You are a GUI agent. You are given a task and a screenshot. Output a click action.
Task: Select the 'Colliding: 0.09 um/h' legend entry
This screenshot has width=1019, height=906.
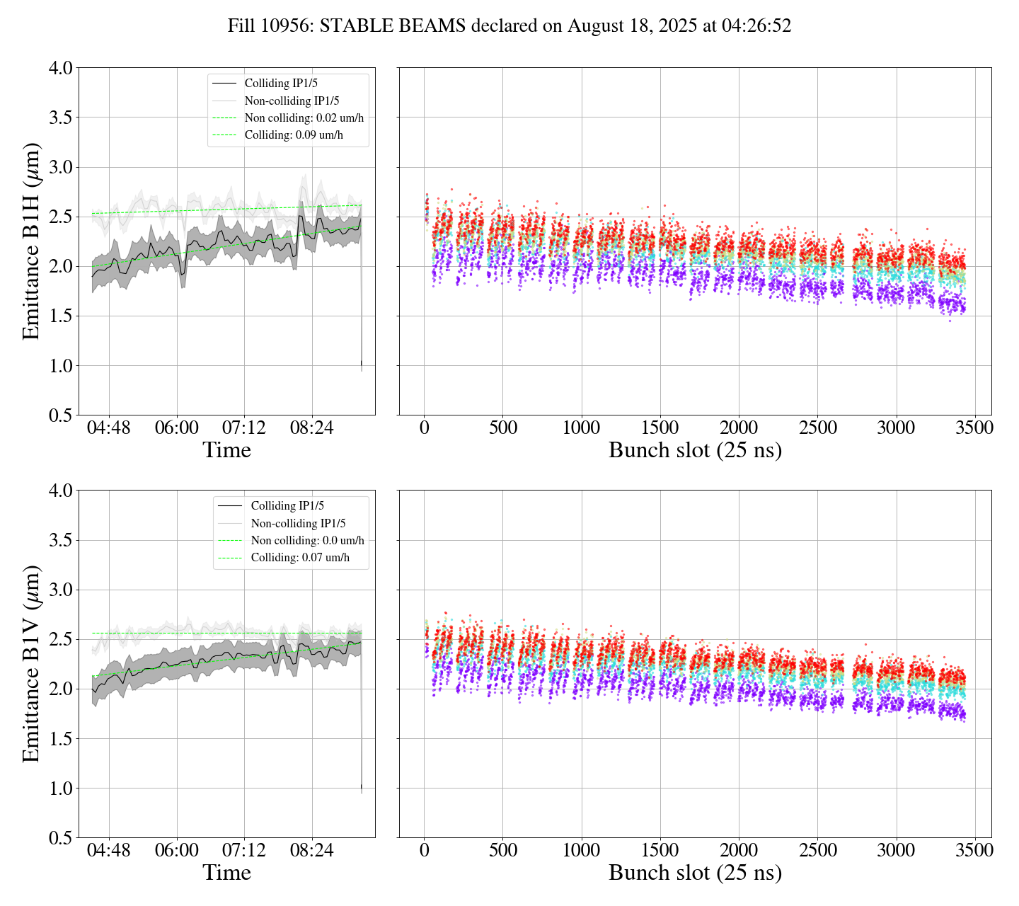[x=294, y=135]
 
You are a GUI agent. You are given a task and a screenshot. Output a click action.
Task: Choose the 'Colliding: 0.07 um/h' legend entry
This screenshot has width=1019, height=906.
[x=300, y=558]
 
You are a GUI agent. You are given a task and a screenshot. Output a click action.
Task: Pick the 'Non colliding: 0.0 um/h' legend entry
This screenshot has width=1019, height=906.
[x=307, y=541]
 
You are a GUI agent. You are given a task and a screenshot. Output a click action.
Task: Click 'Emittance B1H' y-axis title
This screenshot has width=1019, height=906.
[x=31, y=241]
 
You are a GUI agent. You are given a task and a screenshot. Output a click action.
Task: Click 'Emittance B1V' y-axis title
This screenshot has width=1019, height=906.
[x=31, y=663]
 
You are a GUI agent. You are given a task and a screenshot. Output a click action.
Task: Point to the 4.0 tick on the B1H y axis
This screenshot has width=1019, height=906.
[x=60, y=68]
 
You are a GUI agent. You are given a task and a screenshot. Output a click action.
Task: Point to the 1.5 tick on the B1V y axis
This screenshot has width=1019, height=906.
[x=60, y=739]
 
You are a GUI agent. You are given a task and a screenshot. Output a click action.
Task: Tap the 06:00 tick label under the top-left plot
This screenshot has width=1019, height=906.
[x=176, y=428]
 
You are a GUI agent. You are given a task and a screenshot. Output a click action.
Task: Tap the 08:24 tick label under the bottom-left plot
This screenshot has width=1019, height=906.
[x=311, y=850]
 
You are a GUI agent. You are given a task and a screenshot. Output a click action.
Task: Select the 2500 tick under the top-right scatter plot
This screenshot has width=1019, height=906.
[x=817, y=428]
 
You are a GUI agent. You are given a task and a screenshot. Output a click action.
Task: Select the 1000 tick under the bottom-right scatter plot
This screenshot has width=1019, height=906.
[x=581, y=850]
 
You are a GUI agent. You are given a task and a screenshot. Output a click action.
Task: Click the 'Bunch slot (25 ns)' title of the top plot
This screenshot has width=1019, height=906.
[x=695, y=450]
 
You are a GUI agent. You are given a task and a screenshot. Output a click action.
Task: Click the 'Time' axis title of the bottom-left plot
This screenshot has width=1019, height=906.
[x=226, y=873]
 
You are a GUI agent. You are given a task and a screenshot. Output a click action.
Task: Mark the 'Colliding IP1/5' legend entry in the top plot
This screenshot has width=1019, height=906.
[x=281, y=84]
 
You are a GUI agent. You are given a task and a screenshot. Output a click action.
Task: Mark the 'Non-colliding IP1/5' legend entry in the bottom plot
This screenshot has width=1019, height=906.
[x=298, y=524]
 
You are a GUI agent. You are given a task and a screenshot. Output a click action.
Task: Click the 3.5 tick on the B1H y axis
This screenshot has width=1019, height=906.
[x=60, y=117]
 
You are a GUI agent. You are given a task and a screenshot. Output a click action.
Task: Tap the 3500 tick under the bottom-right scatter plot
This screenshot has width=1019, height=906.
[x=974, y=850]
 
